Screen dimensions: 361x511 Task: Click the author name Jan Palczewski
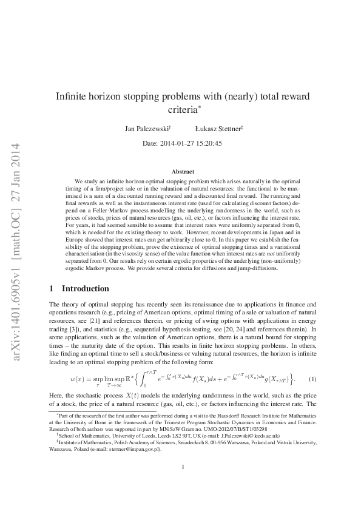click(x=147, y=129)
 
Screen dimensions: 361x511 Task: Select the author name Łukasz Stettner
click(x=218, y=129)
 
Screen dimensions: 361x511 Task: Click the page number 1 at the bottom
click(x=183, y=484)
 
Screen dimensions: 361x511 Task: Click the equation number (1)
click(x=312, y=379)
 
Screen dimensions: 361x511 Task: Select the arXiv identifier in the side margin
click(x=17, y=255)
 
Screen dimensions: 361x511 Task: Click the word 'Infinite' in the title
click(x=73, y=96)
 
